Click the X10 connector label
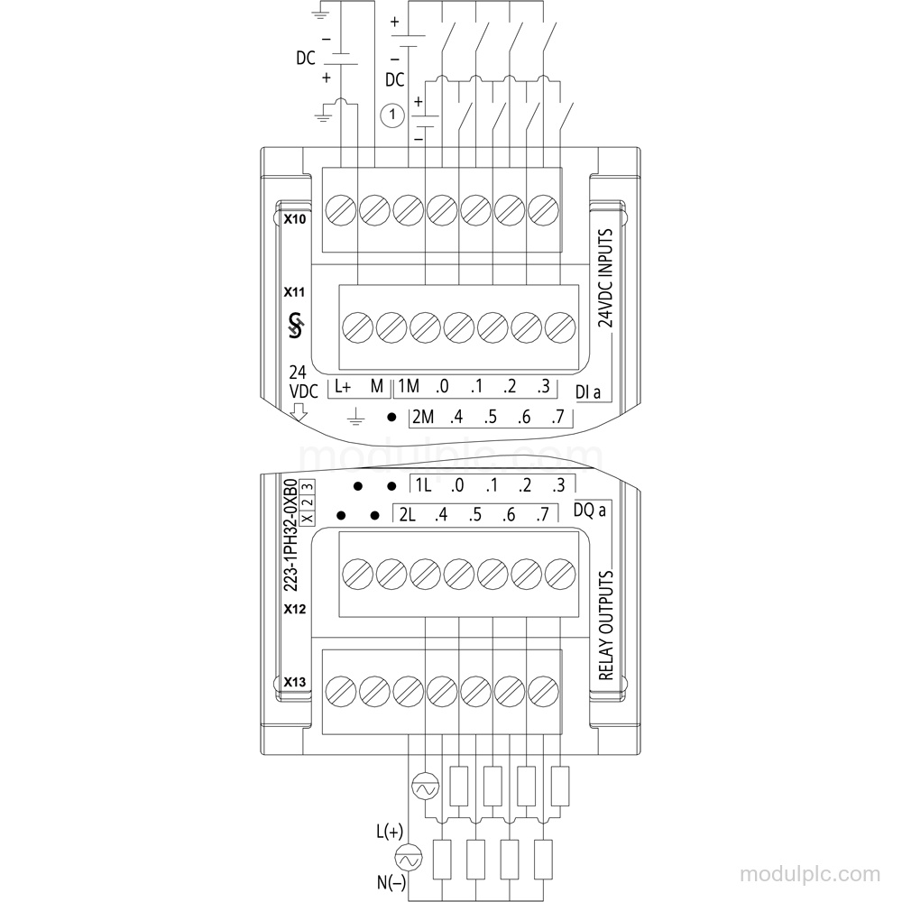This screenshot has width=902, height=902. click(x=295, y=219)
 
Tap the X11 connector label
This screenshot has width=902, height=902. click(x=294, y=292)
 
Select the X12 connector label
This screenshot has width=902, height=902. click(x=295, y=609)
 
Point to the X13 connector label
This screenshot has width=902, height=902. click(x=295, y=682)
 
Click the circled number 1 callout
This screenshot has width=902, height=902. click(x=392, y=115)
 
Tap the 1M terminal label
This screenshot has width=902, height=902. click(x=409, y=386)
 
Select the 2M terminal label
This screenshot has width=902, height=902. click(x=423, y=417)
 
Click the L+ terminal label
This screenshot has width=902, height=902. click(x=343, y=387)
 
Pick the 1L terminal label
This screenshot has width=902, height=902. click(x=423, y=485)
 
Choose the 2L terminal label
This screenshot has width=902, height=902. click(x=407, y=514)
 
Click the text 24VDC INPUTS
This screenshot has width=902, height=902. click(x=605, y=278)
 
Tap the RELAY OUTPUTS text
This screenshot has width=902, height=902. click(x=606, y=625)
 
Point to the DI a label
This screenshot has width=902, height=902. click(x=588, y=392)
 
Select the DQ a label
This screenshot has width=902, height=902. click(x=590, y=511)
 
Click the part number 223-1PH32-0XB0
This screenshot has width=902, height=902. click(x=290, y=534)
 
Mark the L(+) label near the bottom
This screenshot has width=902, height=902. click(x=390, y=832)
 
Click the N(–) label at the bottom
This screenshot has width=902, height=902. click(x=391, y=882)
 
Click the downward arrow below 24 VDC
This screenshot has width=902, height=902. click(x=299, y=412)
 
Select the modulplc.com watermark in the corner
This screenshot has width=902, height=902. click(x=810, y=874)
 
